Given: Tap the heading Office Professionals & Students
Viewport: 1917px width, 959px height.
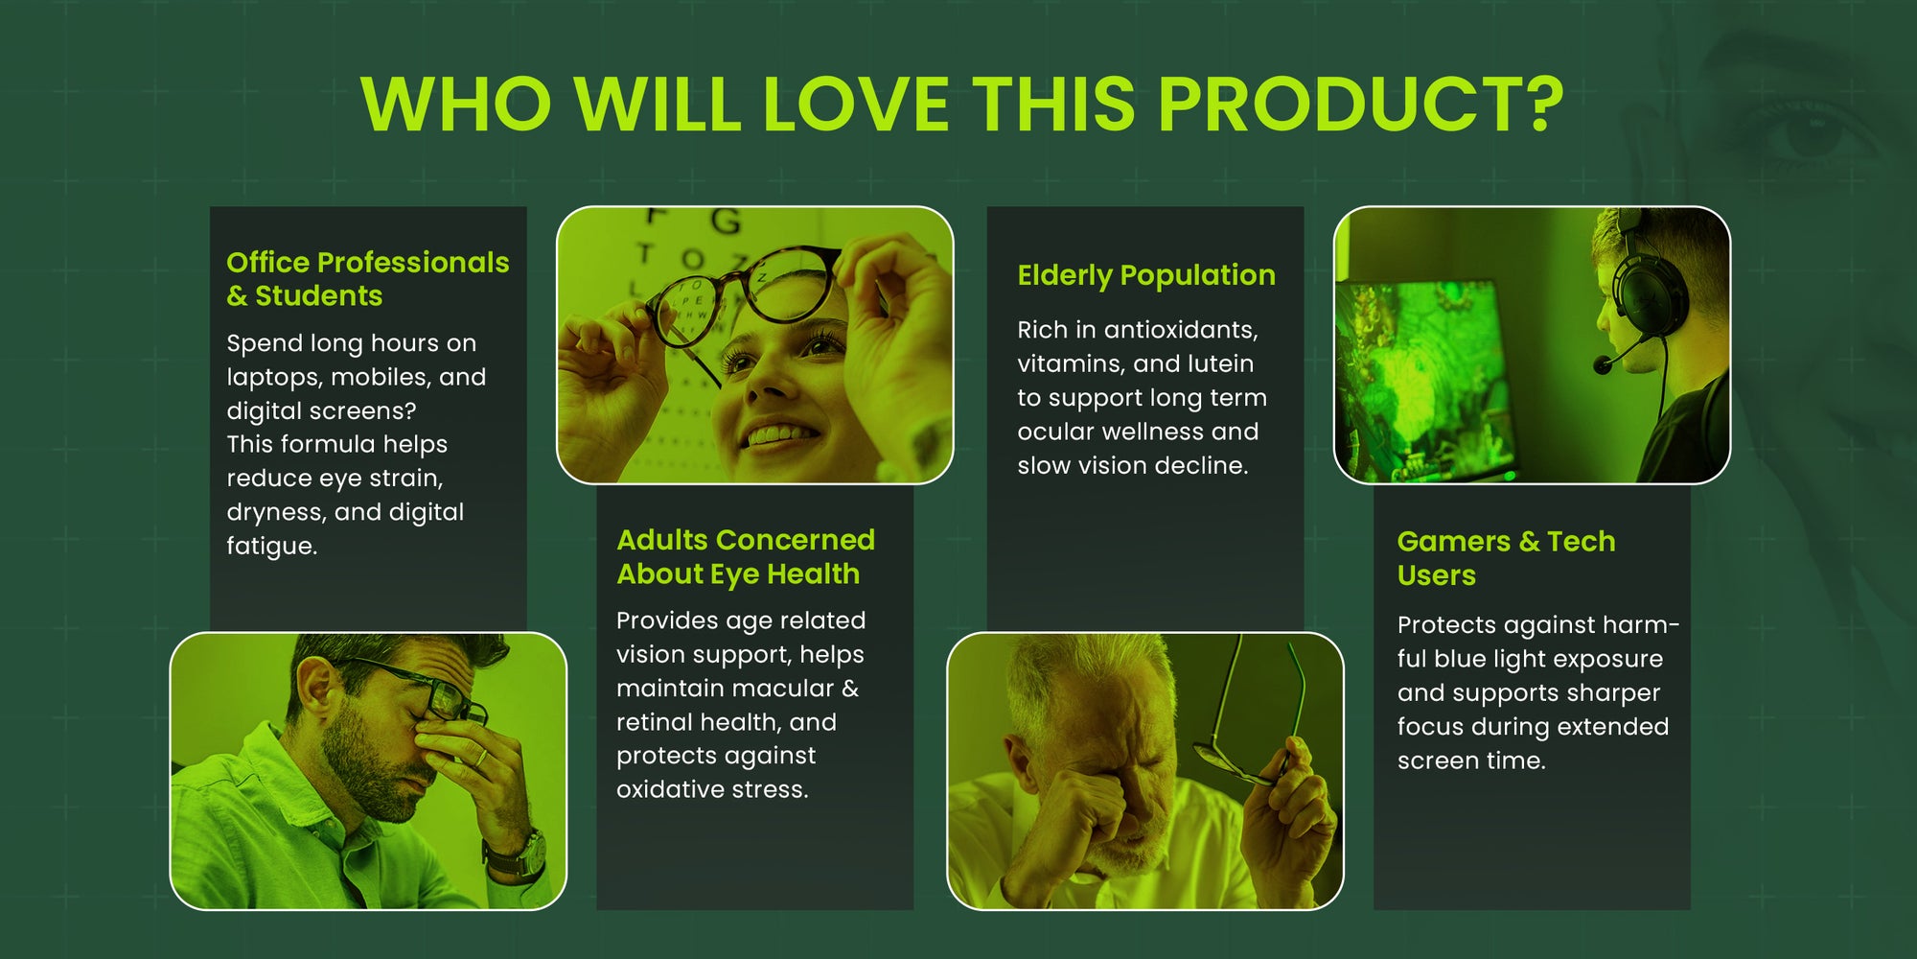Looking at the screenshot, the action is pos(368,278).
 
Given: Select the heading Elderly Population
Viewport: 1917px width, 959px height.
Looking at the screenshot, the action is pos(1146,275).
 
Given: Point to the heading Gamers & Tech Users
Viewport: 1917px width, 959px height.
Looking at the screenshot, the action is pos(1506,558).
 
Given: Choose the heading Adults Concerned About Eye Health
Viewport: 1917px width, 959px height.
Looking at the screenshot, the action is pos(746,556).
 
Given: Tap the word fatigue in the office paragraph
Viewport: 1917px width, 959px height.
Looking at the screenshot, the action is pos(272,547).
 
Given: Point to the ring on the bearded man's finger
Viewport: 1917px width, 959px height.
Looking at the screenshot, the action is pos(482,758).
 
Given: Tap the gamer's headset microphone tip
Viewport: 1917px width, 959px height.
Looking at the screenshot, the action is pos(1602,365).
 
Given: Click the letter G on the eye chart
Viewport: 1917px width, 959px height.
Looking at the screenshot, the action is pos(726,222).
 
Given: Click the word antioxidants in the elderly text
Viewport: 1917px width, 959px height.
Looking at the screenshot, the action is pos(1181,330).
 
